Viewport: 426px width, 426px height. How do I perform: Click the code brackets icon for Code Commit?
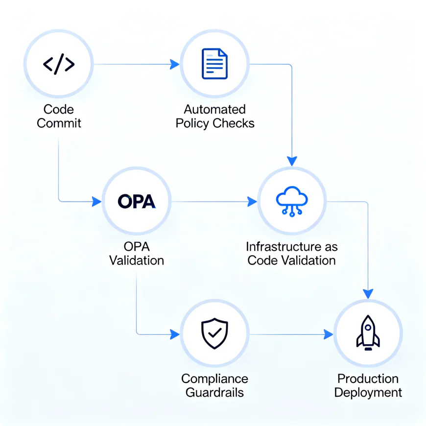tap(59, 64)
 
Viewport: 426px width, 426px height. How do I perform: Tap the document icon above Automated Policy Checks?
tap(214, 64)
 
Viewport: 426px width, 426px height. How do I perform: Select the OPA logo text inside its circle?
tap(137, 201)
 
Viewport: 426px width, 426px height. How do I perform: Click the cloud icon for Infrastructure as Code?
tap(292, 201)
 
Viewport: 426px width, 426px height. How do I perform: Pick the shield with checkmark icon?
tap(214, 334)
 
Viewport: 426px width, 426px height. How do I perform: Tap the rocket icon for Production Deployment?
tap(368, 334)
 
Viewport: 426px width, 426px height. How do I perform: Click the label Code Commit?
tap(59, 116)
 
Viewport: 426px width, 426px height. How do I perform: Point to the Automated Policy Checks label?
tap(215, 116)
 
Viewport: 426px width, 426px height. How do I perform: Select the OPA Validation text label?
tap(137, 253)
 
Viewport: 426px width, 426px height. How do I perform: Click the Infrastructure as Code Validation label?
tap(292, 253)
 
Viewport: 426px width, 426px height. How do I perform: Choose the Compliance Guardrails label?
tap(214, 385)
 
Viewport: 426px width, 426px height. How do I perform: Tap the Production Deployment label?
tap(368, 385)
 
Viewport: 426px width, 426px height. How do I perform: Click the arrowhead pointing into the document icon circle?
tap(175, 64)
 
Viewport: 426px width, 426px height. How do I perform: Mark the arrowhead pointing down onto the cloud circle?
tap(292, 161)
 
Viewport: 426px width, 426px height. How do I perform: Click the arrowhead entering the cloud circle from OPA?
tap(252, 201)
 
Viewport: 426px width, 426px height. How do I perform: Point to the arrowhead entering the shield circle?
tap(175, 334)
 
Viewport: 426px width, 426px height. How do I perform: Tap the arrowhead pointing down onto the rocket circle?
tap(368, 293)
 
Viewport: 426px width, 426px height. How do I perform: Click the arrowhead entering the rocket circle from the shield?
tap(328, 334)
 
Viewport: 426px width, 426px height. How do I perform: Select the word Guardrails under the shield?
tap(214, 392)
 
